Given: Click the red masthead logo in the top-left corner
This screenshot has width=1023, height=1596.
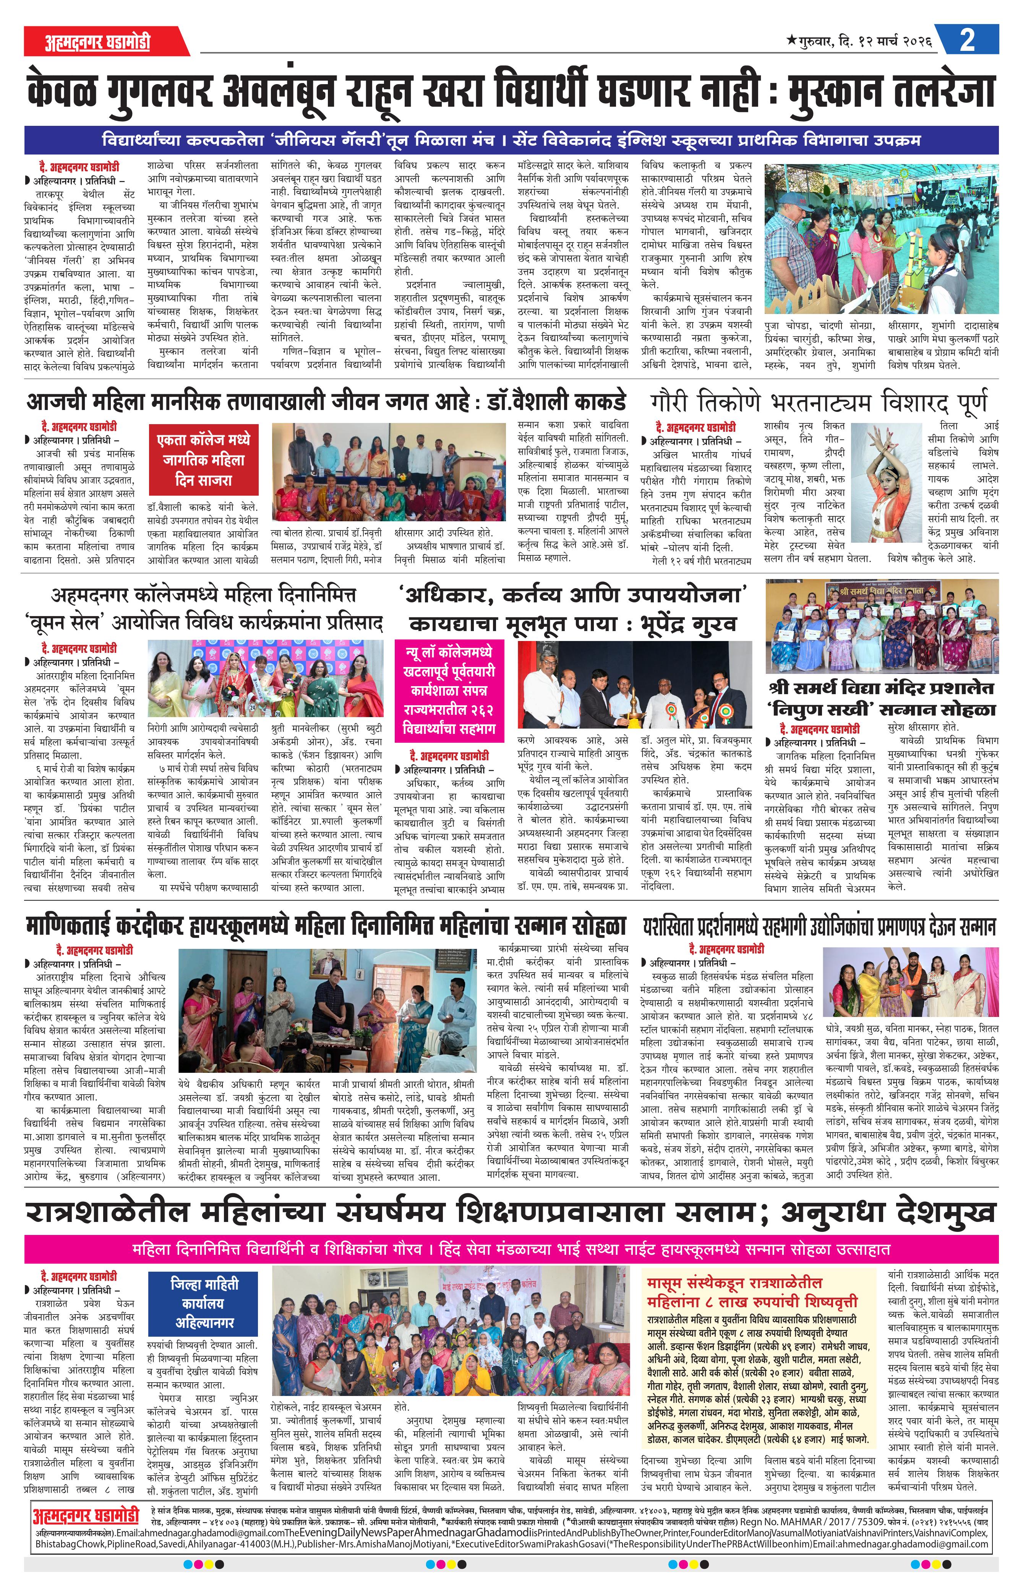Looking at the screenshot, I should [x=98, y=42].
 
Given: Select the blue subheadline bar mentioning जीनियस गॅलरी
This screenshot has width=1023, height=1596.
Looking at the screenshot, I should [x=511, y=140].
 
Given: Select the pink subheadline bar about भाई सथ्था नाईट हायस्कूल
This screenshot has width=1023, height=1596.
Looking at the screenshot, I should [x=511, y=1249].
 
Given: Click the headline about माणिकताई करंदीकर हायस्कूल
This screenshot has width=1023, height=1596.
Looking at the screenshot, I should [x=326, y=926].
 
